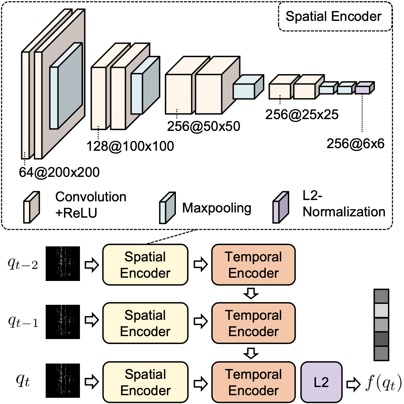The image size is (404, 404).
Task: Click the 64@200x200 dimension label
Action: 59,172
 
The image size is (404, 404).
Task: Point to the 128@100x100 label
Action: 130,146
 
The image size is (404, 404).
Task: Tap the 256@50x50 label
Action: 204,126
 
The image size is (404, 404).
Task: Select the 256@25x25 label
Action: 302,115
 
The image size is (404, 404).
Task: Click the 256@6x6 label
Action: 355,144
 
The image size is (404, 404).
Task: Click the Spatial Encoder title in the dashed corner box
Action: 334,16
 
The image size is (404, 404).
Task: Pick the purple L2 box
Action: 321,382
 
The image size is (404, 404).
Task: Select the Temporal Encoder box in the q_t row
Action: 254,382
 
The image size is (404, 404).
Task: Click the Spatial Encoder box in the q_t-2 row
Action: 145,265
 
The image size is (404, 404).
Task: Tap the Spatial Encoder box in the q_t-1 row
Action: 145,323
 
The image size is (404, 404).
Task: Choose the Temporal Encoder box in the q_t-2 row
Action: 254,265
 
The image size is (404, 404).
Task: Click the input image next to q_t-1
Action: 63,322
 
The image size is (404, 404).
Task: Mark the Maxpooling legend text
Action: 217,208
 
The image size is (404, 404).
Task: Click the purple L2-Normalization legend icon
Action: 281,208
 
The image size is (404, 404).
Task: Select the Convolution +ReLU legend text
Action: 91,205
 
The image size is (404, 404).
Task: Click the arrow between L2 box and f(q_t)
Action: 353,384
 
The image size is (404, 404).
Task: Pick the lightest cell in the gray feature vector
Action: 381,311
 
